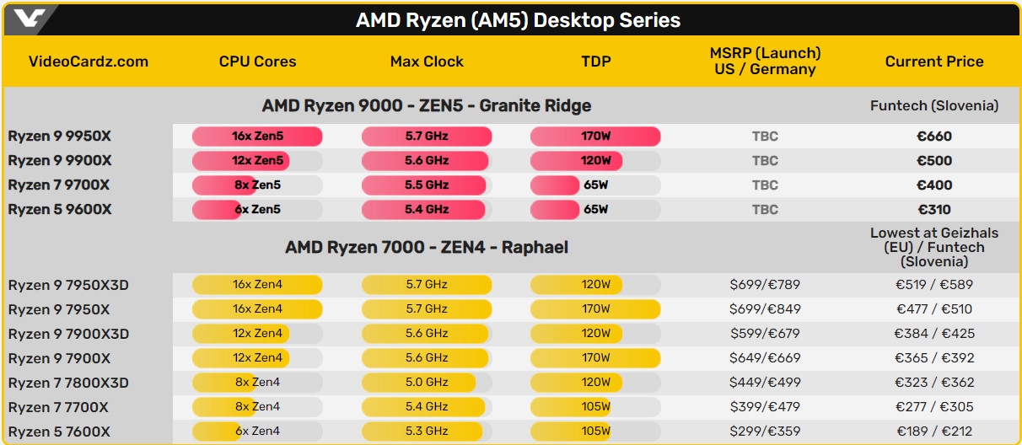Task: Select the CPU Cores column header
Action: pyautogui.click(x=257, y=62)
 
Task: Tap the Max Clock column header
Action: pyautogui.click(x=427, y=62)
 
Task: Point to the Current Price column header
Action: pyautogui.click(x=934, y=62)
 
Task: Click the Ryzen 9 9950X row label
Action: pyautogui.click(x=60, y=137)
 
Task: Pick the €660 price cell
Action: pyautogui.click(x=933, y=137)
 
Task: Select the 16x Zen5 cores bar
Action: pyautogui.click(x=257, y=137)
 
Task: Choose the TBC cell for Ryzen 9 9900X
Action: pyautogui.click(x=765, y=161)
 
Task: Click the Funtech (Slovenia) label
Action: pyautogui.click(x=934, y=106)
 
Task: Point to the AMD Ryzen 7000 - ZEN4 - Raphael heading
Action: pyautogui.click(x=427, y=248)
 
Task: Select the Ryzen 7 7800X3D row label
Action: pyautogui.click(x=68, y=383)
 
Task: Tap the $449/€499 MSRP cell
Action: pyautogui.click(x=765, y=383)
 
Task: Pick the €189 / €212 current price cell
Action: pyautogui.click(x=933, y=432)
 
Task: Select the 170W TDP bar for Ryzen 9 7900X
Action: pyautogui.click(x=595, y=358)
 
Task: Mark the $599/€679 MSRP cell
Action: pyautogui.click(x=765, y=334)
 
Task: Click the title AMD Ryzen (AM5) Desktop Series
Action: pyautogui.click(x=518, y=20)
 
